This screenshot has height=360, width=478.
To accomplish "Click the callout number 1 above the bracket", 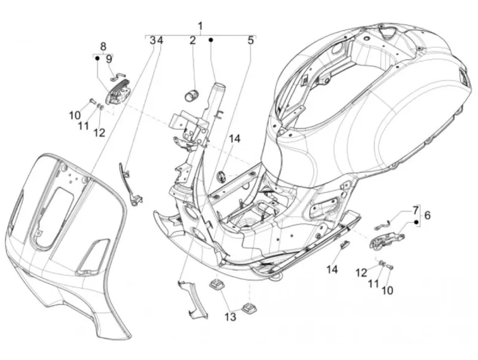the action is point(200,26).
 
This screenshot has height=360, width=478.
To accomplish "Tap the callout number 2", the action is point(192,40).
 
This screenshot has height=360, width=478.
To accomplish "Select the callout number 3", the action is point(153,40).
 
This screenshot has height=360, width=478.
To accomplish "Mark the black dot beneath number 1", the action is point(211,40).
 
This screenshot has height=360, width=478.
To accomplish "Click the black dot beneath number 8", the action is point(97,57).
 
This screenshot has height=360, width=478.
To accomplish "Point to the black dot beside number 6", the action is point(416,222).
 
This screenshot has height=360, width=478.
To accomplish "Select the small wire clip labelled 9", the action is point(118,77).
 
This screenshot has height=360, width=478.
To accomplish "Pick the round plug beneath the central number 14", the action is point(220,176).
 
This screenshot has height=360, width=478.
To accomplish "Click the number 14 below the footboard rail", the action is point(332,269).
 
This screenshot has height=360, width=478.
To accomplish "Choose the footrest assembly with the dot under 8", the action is point(118,94).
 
